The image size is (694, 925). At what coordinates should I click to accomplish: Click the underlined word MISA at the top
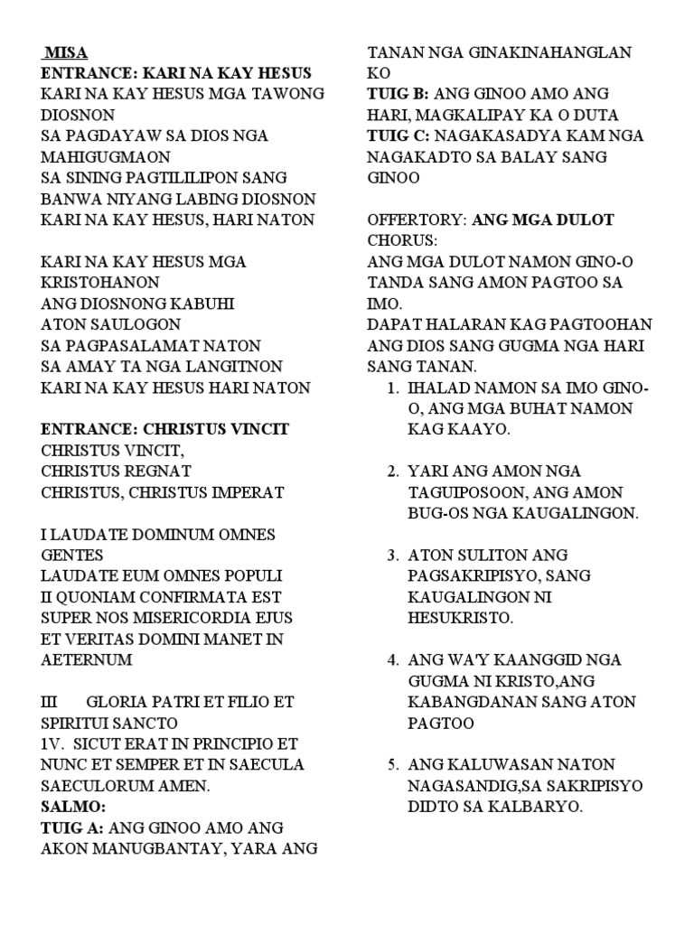point(66,52)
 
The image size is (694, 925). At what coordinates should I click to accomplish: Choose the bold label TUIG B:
point(399,94)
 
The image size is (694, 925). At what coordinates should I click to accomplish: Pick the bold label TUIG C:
point(399,135)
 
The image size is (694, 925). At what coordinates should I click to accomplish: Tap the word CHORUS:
point(401,240)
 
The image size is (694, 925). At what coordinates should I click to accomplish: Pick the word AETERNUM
point(87,659)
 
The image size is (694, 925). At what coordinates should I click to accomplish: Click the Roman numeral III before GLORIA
point(50,702)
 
